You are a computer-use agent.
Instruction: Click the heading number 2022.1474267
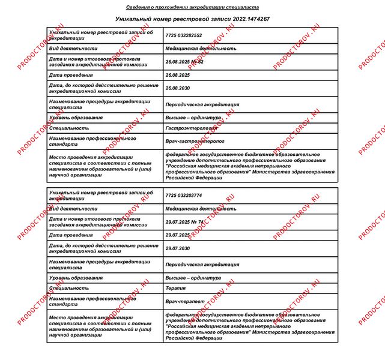point(243,19)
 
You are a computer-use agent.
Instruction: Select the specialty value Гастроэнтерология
point(191,128)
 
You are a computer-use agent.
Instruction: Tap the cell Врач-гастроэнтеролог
point(194,141)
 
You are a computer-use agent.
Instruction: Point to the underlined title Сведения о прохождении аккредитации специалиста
point(192,7)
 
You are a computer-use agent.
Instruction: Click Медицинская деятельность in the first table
point(201,49)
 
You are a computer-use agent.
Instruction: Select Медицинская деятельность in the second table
point(201,209)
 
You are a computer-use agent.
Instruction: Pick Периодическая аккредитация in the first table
point(202,104)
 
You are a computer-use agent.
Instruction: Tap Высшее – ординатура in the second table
point(193,278)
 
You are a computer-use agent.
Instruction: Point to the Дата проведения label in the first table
point(71,76)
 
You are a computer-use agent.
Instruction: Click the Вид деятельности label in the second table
point(73,209)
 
